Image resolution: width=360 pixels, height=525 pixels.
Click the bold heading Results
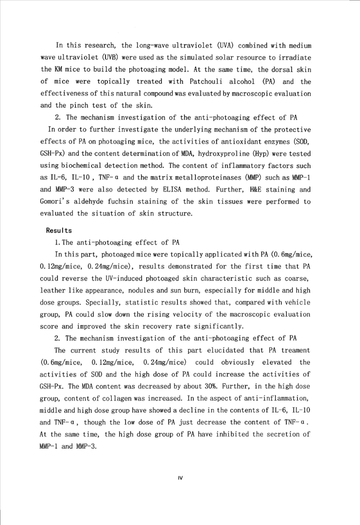click(59, 230)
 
